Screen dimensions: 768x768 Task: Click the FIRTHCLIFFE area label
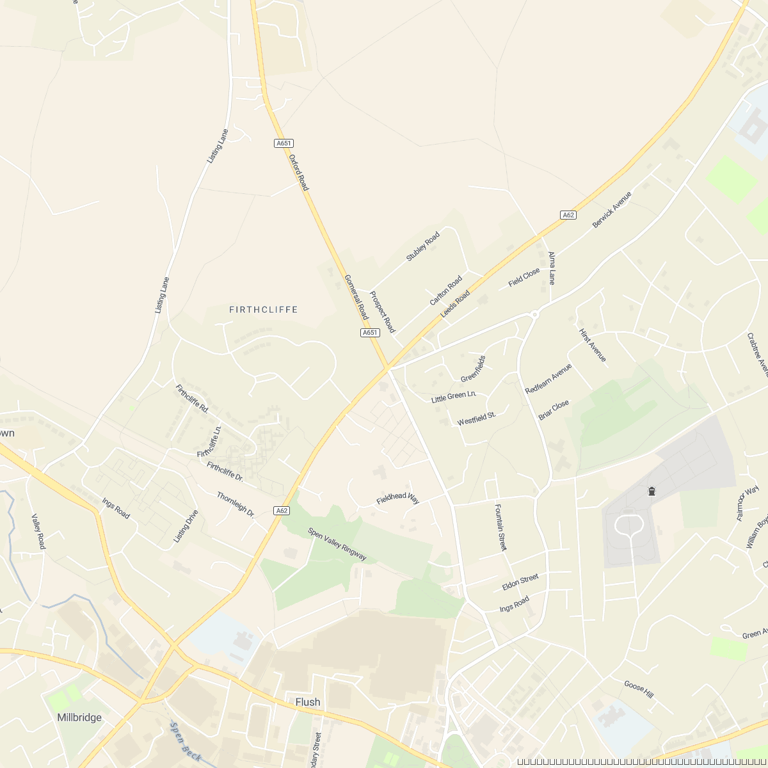pyautogui.click(x=263, y=310)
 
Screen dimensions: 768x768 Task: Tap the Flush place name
pyautogui.click(x=308, y=702)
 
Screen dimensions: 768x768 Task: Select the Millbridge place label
pyautogui.click(x=79, y=717)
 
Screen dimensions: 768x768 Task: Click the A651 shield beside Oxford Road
pyautogui.click(x=283, y=143)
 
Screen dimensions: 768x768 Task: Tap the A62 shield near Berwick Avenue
pyautogui.click(x=568, y=215)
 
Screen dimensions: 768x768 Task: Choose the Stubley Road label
pyautogui.click(x=423, y=246)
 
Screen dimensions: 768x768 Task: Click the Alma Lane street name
pyautogui.click(x=552, y=268)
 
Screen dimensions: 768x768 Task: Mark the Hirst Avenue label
pyautogui.click(x=592, y=346)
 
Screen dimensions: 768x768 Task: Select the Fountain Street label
pyautogui.click(x=500, y=527)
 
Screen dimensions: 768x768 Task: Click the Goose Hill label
pyautogui.click(x=639, y=689)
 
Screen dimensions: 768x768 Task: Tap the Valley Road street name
pyautogui.click(x=38, y=531)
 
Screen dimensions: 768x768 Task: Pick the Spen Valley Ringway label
pyautogui.click(x=337, y=544)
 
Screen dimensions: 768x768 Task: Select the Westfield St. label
pyautogui.click(x=477, y=419)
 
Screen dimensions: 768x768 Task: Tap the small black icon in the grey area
pyautogui.click(x=652, y=492)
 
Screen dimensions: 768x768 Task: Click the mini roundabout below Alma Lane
pyautogui.click(x=535, y=314)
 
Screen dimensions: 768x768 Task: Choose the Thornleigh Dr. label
pyautogui.click(x=236, y=504)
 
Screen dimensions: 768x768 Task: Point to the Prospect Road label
pyautogui.click(x=382, y=312)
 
